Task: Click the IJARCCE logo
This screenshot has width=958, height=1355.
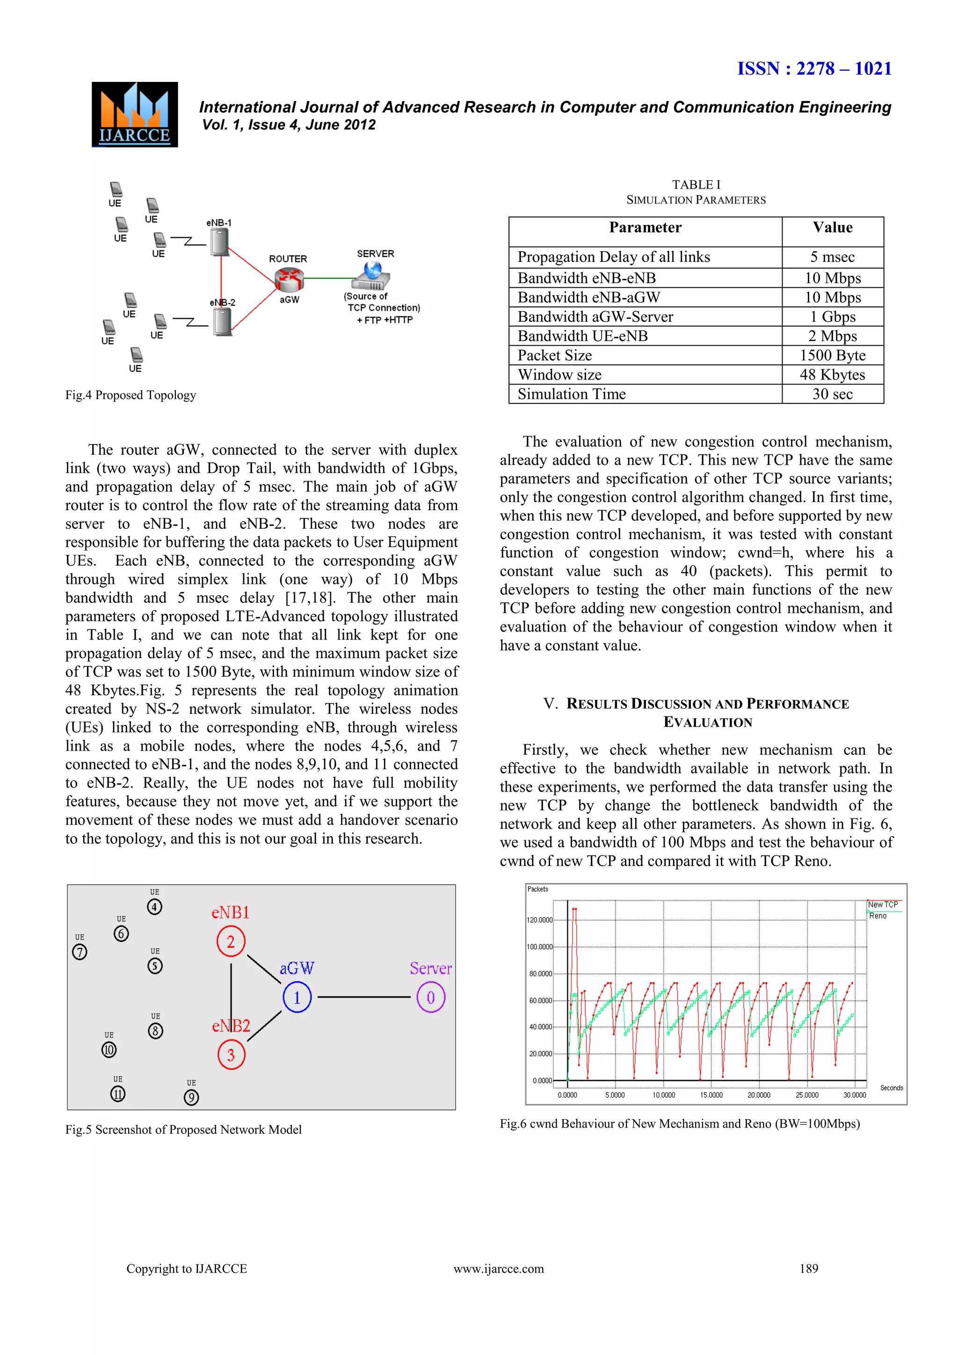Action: [135, 115]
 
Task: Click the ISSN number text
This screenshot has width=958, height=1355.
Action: [814, 68]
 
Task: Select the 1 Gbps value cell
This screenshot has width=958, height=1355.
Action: [832, 317]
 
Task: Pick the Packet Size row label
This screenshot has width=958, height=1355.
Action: [554, 355]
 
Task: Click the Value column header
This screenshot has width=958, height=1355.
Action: [832, 228]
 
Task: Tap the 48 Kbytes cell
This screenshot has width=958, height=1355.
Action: [832, 375]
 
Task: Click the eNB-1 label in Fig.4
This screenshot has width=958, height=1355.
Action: [219, 223]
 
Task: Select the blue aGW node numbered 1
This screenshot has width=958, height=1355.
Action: [297, 998]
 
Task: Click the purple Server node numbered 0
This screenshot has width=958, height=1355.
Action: [431, 998]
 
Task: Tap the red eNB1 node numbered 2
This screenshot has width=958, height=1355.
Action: [231, 941]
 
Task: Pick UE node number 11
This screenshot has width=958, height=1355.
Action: [118, 1094]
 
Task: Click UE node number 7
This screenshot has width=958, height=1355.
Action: [80, 952]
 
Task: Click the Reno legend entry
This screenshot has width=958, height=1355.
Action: [878, 916]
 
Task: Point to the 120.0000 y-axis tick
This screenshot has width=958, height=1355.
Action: [539, 920]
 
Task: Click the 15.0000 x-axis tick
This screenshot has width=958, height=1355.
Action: [711, 1095]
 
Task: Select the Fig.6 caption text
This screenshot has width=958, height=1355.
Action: [680, 1124]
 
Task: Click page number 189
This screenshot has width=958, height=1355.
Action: [808, 1268]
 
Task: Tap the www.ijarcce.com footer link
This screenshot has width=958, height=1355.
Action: [499, 1268]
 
